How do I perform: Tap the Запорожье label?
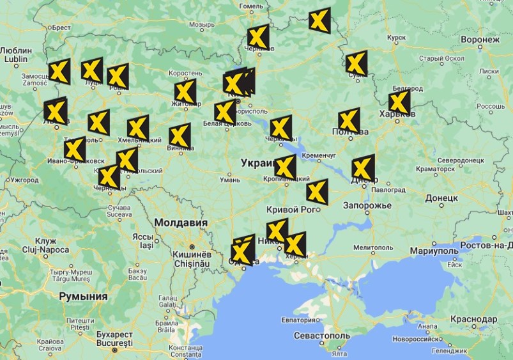point(367,206)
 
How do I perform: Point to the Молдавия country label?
point(180,223)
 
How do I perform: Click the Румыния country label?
point(83,296)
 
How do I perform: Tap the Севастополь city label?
point(322,336)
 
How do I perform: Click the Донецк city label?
point(441,198)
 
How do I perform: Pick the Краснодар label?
point(473,318)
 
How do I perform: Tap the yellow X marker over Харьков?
point(399,102)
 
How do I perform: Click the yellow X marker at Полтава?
point(349,120)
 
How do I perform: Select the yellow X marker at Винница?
point(180,135)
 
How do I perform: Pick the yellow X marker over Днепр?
point(363,168)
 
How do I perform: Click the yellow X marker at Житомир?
point(185,91)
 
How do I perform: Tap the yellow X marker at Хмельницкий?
point(138,127)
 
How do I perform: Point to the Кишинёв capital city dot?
point(190,247)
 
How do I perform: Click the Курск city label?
point(397,38)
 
